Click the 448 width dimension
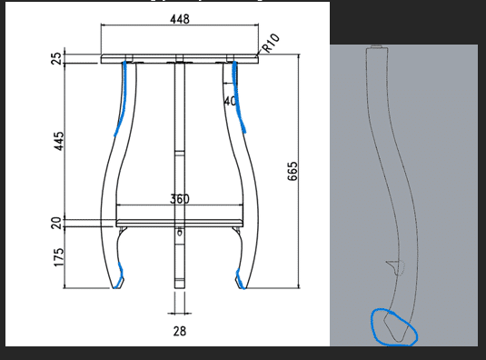[x=180, y=19]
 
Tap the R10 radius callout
[x=271, y=43]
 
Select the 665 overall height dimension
[x=293, y=171]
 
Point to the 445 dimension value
[x=58, y=141]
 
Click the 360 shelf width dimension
[x=180, y=199]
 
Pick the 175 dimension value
[x=58, y=257]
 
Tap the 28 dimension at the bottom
[x=180, y=331]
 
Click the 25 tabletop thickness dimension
[x=56, y=58]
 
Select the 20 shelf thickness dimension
[x=56, y=223]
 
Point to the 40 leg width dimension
[x=230, y=101]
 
